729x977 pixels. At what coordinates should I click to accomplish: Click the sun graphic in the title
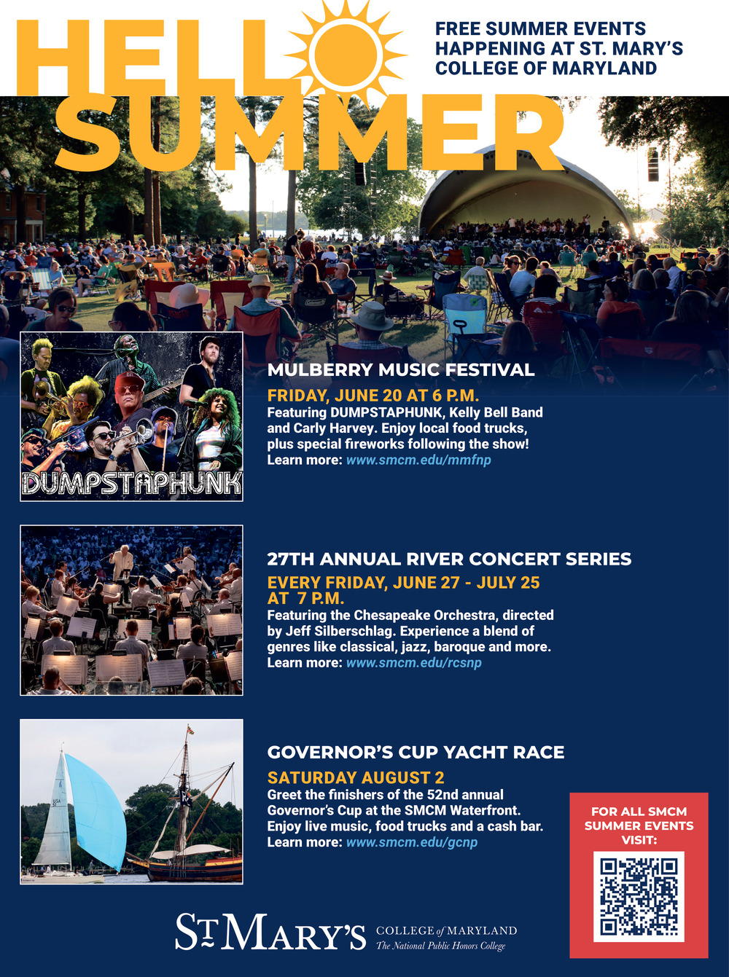346,52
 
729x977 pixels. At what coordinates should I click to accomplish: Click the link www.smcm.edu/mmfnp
418,460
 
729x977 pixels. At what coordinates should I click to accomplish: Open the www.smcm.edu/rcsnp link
414,663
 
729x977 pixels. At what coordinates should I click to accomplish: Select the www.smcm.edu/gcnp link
412,842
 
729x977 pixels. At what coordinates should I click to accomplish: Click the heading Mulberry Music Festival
401,370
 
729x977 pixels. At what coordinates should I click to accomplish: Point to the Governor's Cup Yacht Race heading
416,752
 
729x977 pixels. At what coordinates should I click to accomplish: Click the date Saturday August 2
356,777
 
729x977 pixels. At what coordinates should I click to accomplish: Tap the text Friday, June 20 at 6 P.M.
373,396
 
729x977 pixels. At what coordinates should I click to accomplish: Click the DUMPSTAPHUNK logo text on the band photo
131,483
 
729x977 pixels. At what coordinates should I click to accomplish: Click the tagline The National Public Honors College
440,946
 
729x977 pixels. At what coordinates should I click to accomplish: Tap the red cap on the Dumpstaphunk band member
129,380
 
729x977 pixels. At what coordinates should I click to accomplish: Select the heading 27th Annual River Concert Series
449,559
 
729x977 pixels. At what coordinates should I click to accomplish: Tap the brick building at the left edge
23,209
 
